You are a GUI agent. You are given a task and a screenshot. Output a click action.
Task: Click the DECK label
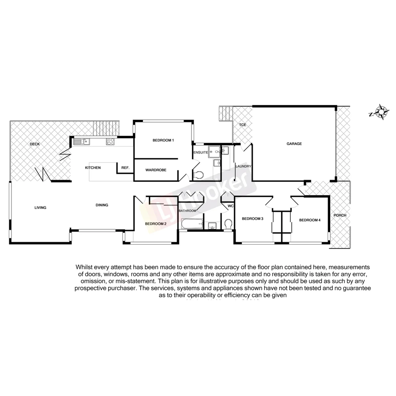(x=35, y=144)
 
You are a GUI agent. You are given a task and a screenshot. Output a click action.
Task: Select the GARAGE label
(x=294, y=144)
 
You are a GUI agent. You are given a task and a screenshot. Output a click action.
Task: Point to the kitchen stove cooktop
(x=110, y=141)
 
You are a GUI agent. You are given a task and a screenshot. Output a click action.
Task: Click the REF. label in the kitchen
(x=125, y=168)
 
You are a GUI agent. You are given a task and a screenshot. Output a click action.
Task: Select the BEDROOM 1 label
(x=163, y=140)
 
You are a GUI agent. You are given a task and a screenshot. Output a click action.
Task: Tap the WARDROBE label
(x=156, y=170)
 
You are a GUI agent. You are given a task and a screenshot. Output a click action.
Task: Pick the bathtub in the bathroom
(x=191, y=224)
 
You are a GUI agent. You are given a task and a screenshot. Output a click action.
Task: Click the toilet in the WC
(x=228, y=223)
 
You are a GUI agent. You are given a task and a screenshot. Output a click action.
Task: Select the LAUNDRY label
(x=243, y=166)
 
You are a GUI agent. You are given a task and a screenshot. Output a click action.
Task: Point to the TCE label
(x=243, y=125)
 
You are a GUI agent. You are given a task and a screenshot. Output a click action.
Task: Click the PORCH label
(x=340, y=215)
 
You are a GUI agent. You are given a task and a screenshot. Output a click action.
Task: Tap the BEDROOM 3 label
(x=253, y=219)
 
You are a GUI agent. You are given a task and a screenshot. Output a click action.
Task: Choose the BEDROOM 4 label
(x=310, y=220)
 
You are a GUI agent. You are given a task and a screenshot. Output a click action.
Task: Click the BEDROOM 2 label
(x=155, y=224)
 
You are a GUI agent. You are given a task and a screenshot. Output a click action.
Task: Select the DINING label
(x=102, y=205)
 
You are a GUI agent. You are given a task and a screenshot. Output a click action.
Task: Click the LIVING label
(x=40, y=208)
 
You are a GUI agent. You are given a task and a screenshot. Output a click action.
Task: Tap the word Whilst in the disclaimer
(x=85, y=267)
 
